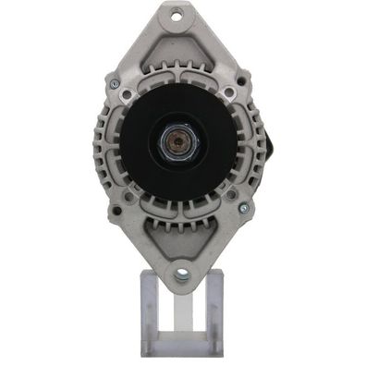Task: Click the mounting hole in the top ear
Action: tap(179, 16)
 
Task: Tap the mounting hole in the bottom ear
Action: tap(181, 274)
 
